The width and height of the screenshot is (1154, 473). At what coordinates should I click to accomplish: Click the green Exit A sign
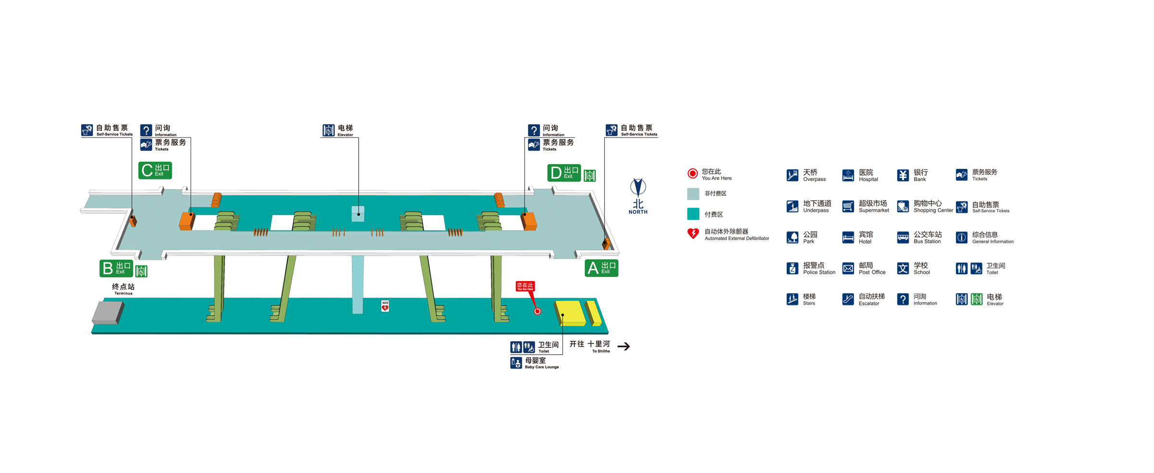(x=601, y=268)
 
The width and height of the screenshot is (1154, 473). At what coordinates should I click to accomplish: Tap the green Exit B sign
(x=116, y=268)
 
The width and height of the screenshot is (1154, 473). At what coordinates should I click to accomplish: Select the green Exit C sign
(x=155, y=170)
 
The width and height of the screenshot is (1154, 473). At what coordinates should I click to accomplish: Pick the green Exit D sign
(x=564, y=173)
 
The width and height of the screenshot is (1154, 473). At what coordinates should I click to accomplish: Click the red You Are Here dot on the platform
(x=538, y=311)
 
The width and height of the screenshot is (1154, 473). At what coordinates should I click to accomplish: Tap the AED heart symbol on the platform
(x=385, y=306)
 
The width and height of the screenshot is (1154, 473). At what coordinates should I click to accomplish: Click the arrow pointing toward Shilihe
(x=624, y=346)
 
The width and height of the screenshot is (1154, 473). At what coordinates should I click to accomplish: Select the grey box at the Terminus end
(x=108, y=313)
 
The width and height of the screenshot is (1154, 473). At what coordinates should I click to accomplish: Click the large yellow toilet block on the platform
(x=570, y=313)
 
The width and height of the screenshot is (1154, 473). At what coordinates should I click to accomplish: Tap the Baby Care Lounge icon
(x=516, y=362)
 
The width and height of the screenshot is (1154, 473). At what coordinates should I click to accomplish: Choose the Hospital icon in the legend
(x=848, y=175)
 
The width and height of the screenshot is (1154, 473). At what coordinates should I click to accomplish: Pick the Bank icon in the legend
(x=903, y=175)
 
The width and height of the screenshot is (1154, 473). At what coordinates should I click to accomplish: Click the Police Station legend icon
(x=792, y=268)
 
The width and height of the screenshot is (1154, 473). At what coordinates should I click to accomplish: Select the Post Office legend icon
(x=848, y=268)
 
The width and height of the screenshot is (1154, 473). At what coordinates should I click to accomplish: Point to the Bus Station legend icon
(x=903, y=238)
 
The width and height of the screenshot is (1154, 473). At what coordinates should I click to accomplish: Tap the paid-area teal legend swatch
(x=693, y=214)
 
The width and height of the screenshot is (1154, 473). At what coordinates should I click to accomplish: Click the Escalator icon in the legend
(x=848, y=299)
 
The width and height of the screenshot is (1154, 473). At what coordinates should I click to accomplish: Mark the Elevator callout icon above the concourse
(x=328, y=130)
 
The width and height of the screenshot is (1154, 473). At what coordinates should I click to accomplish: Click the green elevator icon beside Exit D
(x=590, y=176)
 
